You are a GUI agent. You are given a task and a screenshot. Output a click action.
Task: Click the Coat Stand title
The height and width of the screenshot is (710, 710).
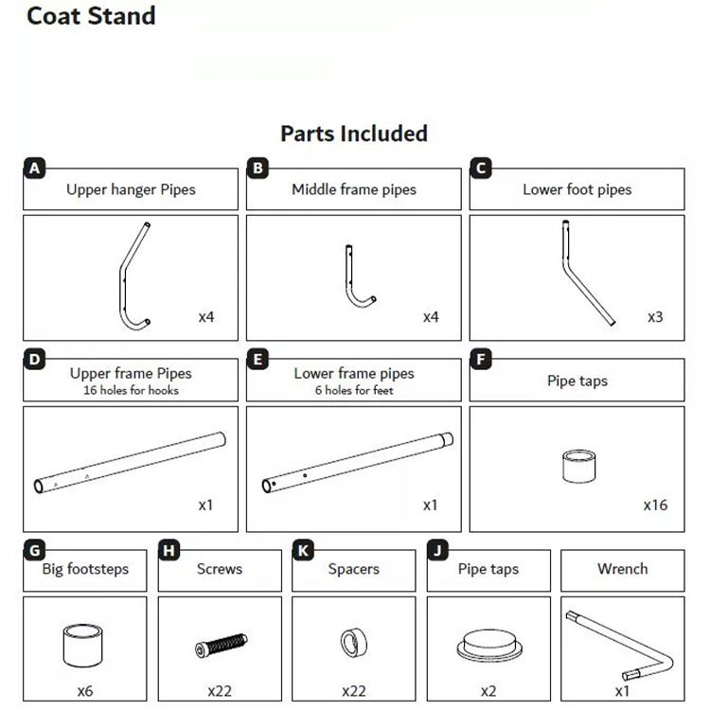pyautogui.click(x=91, y=16)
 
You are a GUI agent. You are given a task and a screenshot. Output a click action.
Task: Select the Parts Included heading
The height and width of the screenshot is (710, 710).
pyautogui.click(x=354, y=133)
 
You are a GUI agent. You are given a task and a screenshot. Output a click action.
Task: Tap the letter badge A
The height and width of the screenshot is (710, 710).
pyautogui.click(x=34, y=169)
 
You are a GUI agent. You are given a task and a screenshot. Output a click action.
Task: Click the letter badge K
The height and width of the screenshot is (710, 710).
pyautogui.click(x=303, y=550)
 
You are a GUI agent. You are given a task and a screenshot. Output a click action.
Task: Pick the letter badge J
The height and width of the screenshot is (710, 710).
pyautogui.click(x=437, y=550)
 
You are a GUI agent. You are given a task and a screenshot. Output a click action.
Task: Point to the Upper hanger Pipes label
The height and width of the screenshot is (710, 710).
pyautogui.click(x=131, y=189)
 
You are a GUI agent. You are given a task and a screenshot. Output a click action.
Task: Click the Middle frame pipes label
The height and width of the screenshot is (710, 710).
pyautogui.click(x=354, y=189)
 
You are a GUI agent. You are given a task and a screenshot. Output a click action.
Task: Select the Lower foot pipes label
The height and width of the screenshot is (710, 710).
pyautogui.click(x=577, y=189)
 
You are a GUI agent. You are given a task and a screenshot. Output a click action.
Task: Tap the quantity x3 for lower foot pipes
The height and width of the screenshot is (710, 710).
pyautogui.click(x=655, y=317)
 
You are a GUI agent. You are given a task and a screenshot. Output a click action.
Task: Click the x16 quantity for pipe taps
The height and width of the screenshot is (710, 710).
pyautogui.click(x=655, y=505)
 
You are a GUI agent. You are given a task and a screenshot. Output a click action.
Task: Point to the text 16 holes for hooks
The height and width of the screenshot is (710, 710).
pyautogui.click(x=131, y=390)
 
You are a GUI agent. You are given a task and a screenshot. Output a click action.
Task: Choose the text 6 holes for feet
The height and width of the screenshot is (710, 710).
pyautogui.click(x=354, y=390)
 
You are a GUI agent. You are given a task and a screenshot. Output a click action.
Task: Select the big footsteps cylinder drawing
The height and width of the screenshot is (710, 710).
pyautogui.click(x=84, y=645)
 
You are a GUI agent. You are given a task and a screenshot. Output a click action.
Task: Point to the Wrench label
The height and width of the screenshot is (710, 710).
pyautogui.click(x=623, y=569)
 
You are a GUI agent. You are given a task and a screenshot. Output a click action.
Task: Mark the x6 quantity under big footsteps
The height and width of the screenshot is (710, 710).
pyautogui.click(x=85, y=692)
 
